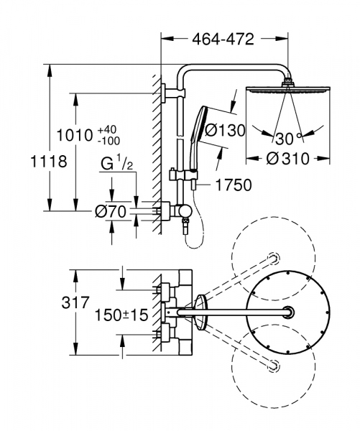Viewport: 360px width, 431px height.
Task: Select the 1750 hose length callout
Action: [x=233, y=185]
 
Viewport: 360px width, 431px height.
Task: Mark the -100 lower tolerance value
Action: [x=110, y=141]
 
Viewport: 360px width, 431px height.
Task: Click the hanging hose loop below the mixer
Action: [x=193, y=241]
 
